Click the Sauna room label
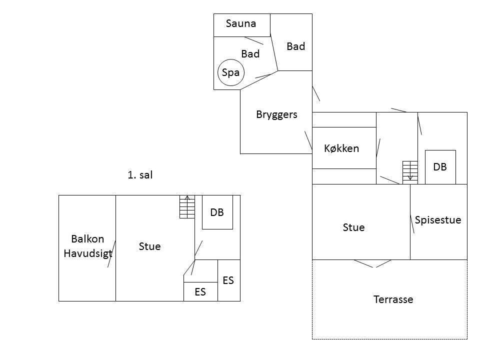pos(241,23)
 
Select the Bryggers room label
pos(276,114)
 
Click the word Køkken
pos(341,148)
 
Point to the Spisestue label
pos(438,220)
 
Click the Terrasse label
pos(393,299)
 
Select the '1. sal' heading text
pos(140,175)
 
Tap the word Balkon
pos(87,239)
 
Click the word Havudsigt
pos(88,253)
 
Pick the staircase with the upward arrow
pos(187,206)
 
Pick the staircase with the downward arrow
pos(410,172)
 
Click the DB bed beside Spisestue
pos(440,167)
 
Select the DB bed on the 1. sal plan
pos(217,212)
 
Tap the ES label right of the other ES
pos(228,280)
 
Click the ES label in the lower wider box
pos(200,292)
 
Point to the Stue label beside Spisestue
pos(353,227)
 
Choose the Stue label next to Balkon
pos(149,246)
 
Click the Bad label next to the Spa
pos(250,54)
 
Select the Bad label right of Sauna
pos(295,46)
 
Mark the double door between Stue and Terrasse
pos(373,263)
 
